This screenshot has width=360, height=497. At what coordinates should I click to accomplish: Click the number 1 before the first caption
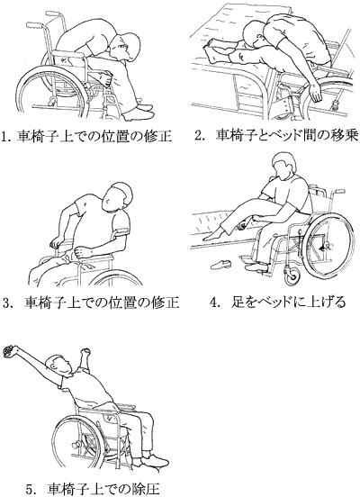point(4,137)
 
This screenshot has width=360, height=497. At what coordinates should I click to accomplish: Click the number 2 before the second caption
point(199,136)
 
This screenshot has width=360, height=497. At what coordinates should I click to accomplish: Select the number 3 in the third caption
point(7,303)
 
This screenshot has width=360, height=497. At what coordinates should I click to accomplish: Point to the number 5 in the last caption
point(30,489)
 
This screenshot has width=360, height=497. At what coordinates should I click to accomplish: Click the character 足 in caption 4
point(238,302)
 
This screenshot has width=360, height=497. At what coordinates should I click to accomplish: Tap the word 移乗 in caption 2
point(345,135)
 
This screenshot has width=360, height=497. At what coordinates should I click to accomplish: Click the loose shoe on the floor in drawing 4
point(220,264)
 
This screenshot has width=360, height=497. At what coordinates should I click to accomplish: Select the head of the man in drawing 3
point(117,195)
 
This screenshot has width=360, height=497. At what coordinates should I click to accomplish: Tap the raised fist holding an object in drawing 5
point(9,351)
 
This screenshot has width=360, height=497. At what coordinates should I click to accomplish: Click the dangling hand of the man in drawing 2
point(316,92)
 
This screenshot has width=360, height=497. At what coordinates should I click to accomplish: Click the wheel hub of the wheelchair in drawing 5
point(76,445)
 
